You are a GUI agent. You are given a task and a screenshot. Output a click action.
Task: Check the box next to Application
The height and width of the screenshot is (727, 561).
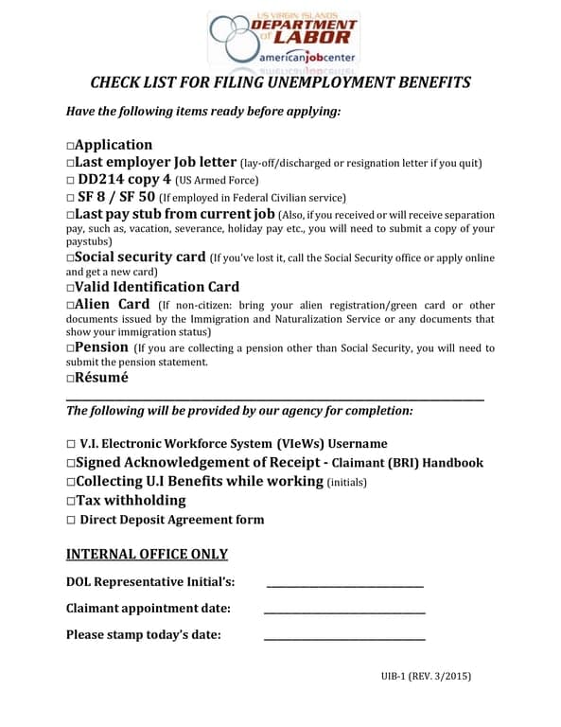pos(71,146)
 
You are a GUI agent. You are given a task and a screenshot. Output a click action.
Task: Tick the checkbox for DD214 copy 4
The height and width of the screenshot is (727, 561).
pos(71,180)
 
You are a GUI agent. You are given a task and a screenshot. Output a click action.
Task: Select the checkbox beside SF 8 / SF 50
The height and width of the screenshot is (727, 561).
pos(71,198)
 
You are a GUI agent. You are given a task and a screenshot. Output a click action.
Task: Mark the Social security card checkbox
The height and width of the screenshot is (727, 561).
pos(71,258)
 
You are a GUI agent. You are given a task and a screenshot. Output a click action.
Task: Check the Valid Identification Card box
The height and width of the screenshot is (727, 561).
pos(71,288)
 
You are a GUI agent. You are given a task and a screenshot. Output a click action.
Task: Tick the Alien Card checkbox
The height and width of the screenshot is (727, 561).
pos(71,306)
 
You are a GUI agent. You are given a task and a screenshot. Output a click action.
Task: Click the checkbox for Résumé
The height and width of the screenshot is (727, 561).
pos(71,379)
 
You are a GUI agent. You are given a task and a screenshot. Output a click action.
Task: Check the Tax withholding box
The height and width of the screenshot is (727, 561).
pos(71,501)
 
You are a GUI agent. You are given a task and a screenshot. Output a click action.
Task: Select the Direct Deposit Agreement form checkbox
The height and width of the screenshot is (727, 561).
pos(71,521)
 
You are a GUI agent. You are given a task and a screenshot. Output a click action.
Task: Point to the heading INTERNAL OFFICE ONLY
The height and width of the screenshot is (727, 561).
pos(147,554)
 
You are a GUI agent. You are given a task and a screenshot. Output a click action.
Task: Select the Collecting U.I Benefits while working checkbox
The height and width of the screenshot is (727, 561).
pos(71,482)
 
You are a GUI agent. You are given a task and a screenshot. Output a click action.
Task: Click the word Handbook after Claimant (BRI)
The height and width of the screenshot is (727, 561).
pos(452,463)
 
